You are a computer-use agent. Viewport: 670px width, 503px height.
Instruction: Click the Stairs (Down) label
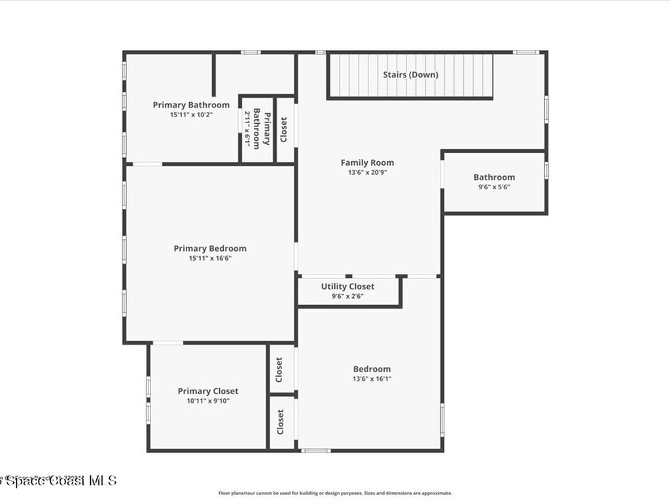[410, 75]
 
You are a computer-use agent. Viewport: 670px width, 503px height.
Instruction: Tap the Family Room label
[367, 162]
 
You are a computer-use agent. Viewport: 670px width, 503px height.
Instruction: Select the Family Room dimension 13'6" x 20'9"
[367, 173]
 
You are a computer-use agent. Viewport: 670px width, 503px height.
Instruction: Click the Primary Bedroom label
[210, 248]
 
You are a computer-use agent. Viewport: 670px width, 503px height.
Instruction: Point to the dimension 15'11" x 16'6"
[210, 258]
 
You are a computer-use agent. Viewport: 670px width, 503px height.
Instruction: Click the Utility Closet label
[347, 286]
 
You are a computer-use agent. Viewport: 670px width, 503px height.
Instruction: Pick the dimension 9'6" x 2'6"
[347, 296]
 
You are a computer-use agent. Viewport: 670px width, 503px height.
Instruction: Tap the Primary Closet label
[208, 391]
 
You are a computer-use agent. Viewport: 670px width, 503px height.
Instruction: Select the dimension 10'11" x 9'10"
[208, 401]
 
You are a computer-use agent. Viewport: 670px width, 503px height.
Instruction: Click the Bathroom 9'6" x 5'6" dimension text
[494, 187]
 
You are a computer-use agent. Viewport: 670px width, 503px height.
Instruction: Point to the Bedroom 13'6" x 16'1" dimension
[372, 379]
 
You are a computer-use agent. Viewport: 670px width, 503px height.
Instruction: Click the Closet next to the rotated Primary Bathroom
[283, 129]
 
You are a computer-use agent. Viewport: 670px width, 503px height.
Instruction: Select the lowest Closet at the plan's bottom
[281, 422]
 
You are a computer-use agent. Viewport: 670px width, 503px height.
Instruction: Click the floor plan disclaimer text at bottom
[335, 493]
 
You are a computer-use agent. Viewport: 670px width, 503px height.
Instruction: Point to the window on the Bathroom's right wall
[546, 169]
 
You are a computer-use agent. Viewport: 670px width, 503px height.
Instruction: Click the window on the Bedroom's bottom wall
[316, 451]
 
